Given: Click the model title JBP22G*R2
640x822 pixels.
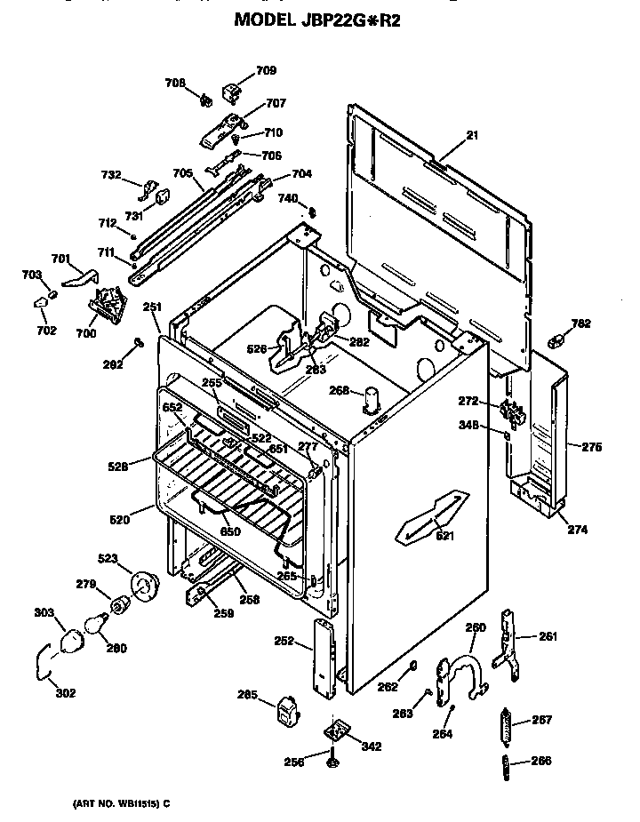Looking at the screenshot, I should (317, 20).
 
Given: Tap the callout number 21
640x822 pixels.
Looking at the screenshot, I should (472, 135).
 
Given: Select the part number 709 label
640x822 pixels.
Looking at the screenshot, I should (266, 70).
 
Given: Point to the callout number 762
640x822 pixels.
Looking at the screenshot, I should (580, 323).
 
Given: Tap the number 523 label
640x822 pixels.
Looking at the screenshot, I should (108, 559).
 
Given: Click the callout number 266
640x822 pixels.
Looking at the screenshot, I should (541, 760).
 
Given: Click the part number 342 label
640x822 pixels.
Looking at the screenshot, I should (371, 746).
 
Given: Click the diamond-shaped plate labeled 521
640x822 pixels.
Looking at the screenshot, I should (434, 517).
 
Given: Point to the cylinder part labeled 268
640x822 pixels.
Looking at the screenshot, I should (367, 401).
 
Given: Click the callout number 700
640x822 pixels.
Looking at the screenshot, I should (86, 333).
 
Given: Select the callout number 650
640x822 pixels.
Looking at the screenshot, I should (230, 531).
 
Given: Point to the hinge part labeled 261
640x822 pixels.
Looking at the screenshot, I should (509, 643).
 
